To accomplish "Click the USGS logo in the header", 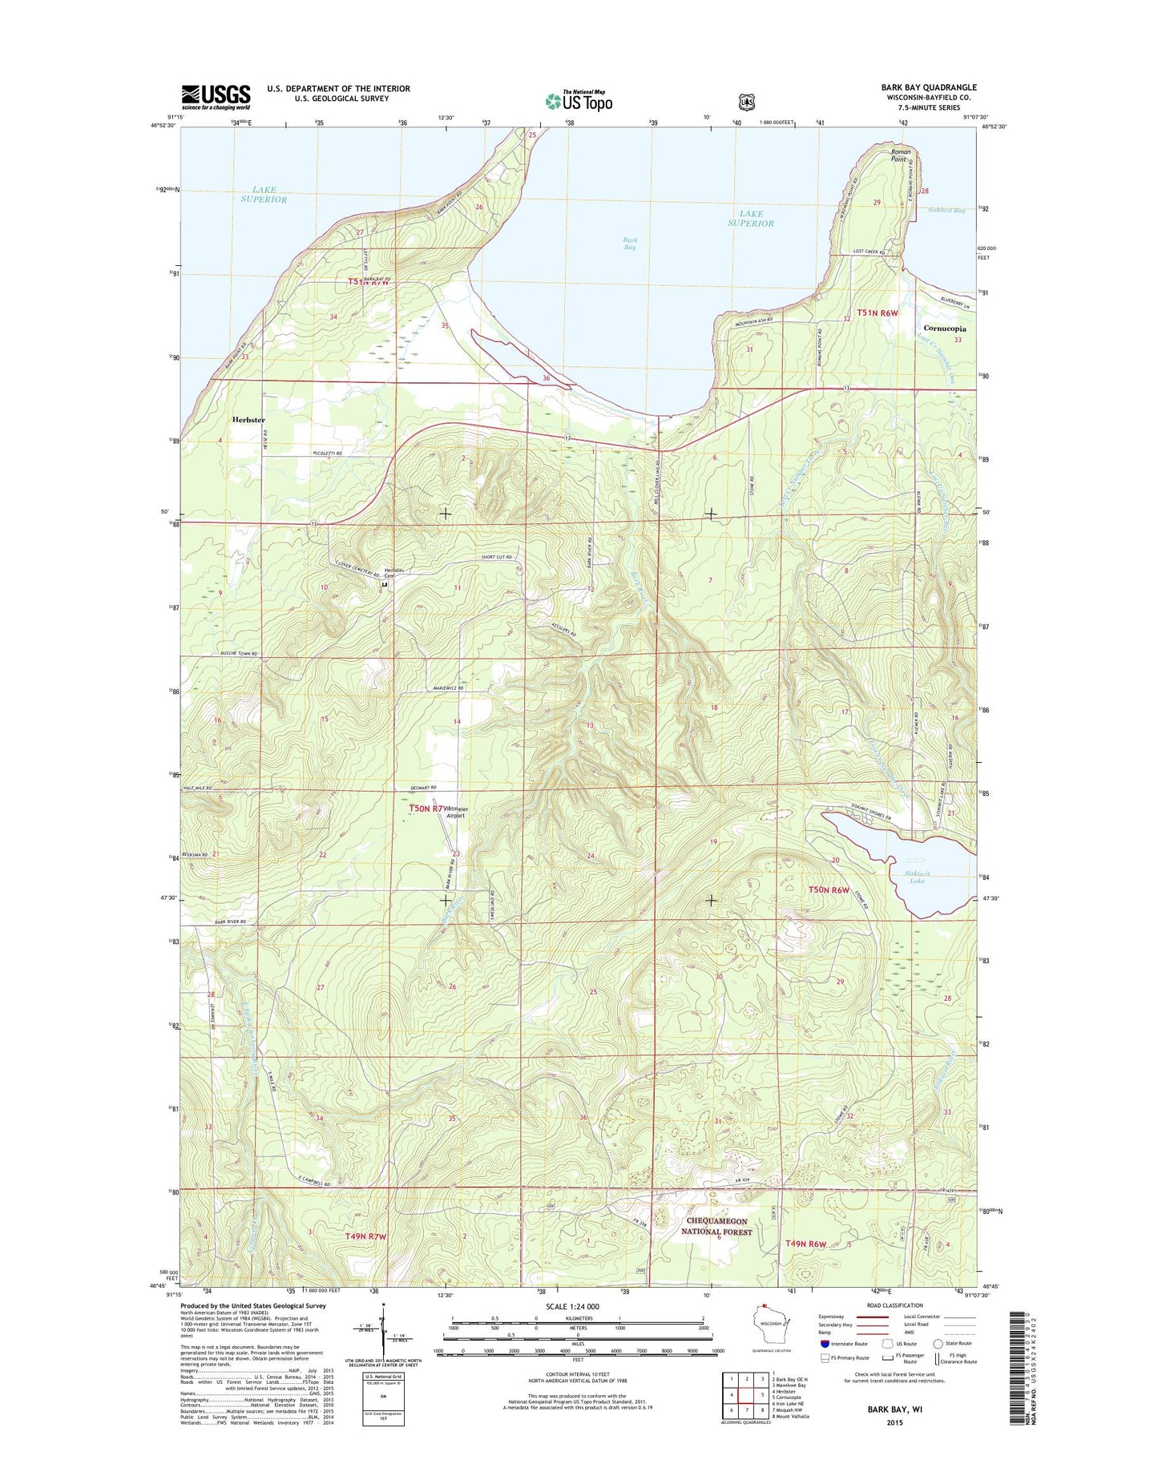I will pos(216,97).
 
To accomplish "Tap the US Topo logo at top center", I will pos(579,100).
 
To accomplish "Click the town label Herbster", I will pos(248,419).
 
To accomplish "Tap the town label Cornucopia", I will pos(944,329).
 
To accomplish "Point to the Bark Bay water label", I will pos(630,244).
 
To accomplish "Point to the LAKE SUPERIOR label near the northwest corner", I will pos(264,195).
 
